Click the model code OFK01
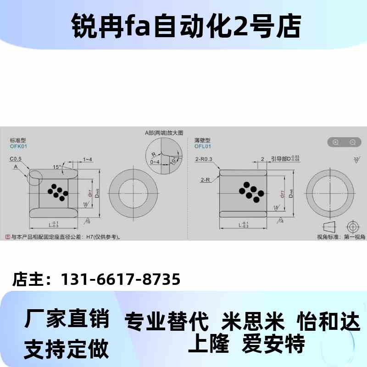(x=19, y=146)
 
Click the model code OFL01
(x=203, y=146)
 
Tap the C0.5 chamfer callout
(x=17, y=159)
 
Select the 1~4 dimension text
(x=87, y=159)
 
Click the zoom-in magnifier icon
(x=335, y=142)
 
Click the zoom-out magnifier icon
(x=352, y=142)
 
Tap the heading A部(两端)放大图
(x=164, y=133)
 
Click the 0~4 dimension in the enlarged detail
(x=155, y=161)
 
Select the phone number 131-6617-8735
(x=120, y=279)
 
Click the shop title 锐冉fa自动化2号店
(x=183, y=26)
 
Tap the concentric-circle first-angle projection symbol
(x=352, y=227)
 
